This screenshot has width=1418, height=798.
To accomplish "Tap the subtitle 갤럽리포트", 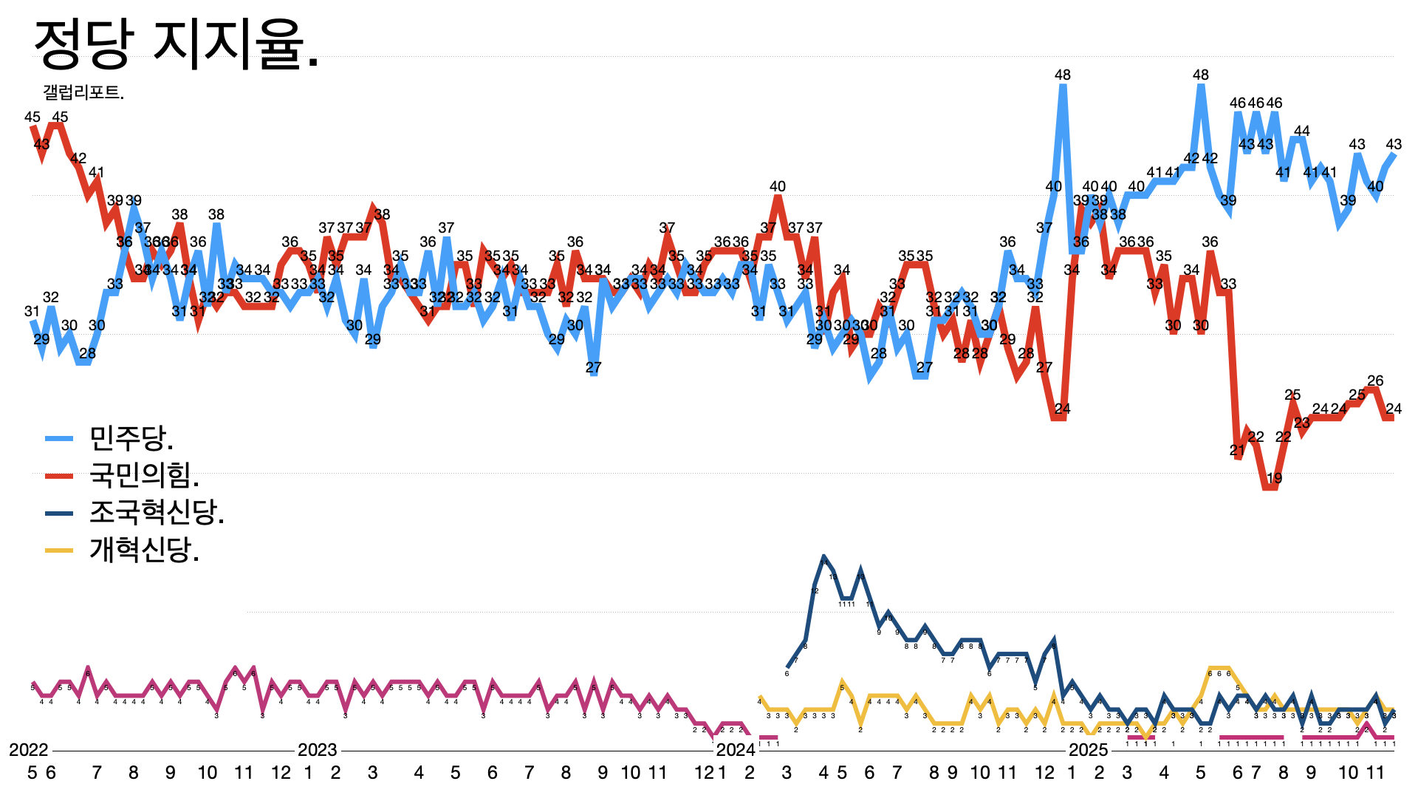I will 83,93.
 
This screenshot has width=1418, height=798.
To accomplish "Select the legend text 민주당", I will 131,438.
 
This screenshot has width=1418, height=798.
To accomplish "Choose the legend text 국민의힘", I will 144,475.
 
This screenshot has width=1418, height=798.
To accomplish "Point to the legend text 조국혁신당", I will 157,512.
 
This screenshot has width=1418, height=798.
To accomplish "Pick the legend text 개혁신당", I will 144,550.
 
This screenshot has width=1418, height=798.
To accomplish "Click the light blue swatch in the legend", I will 59,439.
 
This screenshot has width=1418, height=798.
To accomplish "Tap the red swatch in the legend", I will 59,476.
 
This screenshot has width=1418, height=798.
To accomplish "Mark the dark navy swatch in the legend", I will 59,513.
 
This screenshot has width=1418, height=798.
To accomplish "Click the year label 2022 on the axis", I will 29,750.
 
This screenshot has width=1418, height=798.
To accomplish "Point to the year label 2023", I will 317,750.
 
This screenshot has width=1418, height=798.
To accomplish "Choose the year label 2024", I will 735,750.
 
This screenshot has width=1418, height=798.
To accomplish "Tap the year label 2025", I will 1088,750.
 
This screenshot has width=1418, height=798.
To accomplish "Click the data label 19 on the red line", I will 1274,478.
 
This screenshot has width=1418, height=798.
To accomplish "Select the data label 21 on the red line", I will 1237,451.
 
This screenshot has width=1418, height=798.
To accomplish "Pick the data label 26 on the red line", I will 1375,381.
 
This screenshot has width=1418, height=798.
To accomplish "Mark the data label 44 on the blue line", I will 1301,132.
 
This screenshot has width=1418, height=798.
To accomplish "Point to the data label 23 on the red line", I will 1301,423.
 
